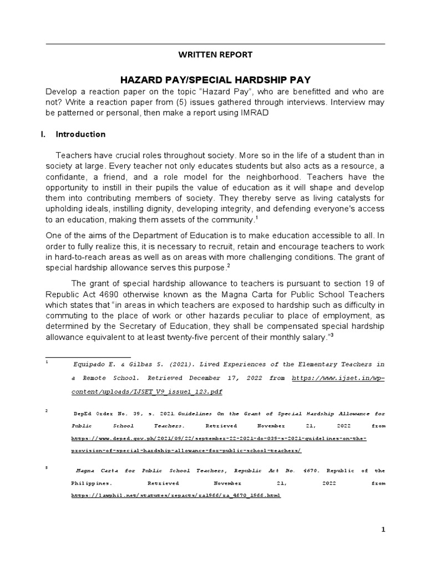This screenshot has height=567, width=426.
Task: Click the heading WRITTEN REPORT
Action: coord(215,55)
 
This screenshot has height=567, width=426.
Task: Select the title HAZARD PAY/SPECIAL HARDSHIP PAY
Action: coord(215,79)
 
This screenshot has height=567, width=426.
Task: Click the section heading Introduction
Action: coord(81,135)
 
